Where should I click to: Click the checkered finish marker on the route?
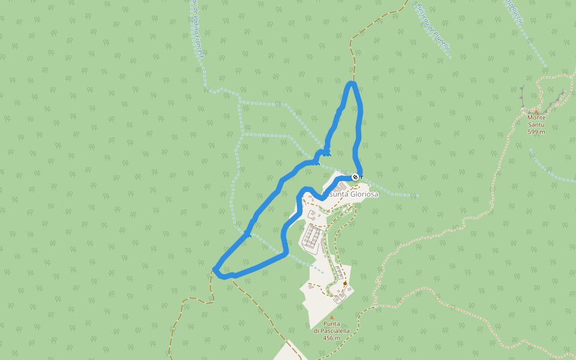355,177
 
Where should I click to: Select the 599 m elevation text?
536,131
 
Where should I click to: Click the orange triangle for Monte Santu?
536,111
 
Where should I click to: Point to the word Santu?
536,124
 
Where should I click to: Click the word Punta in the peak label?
331,324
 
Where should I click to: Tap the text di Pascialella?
331,331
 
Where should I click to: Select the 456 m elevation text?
331,338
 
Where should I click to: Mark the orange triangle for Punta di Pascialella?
331,317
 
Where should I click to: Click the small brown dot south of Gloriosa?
346,283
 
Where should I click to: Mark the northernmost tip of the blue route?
352,84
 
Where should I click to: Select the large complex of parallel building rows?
312,237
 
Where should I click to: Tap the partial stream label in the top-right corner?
515,11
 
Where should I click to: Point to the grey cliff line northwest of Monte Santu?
523,96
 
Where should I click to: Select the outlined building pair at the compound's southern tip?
341,297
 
